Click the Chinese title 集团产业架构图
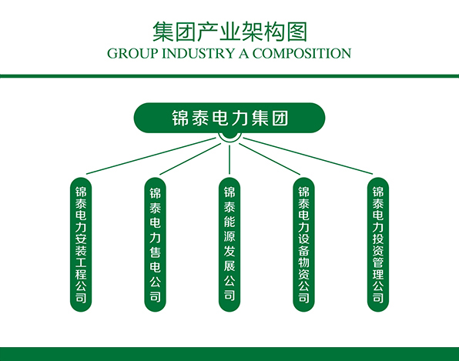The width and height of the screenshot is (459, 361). (x=229, y=32)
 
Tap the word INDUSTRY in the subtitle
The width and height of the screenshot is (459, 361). (x=199, y=54)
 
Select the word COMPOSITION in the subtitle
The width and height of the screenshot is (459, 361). (x=302, y=54)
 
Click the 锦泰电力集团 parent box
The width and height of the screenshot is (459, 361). (x=229, y=118)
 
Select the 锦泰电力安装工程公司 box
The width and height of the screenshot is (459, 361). (x=81, y=245)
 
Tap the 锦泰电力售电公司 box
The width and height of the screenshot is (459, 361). (x=155, y=245)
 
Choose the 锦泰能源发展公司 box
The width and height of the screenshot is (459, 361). (x=229, y=245)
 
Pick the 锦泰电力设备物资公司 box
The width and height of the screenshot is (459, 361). (x=304, y=245)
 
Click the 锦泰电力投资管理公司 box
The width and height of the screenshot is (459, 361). (x=378, y=245)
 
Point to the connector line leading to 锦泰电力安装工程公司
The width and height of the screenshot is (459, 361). (x=151, y=156)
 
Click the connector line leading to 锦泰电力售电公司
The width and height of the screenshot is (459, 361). (x=190, y=159)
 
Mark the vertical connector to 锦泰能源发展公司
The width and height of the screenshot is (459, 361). (x=229, y=159)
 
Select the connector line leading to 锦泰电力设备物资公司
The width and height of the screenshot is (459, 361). (x=270, y=159)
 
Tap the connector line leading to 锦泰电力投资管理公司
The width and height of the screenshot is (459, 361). (x=308, y=156)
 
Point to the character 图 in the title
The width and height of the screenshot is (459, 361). (x=297, y=32)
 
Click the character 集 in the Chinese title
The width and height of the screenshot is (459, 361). (x=162, y=32)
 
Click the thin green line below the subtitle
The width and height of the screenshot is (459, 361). (x=229, y=76)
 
